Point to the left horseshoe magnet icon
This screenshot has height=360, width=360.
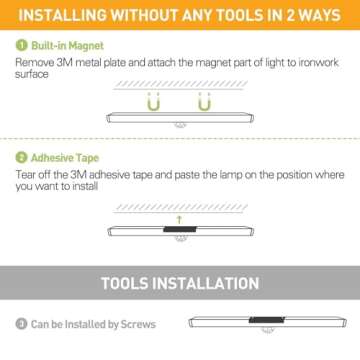coord(155,103)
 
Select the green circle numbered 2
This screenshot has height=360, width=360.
coord(20,158)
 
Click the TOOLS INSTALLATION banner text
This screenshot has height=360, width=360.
coord(180,282)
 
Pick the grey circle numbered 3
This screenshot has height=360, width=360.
coord(20,324)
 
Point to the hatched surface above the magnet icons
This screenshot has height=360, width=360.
coord(179,88)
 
